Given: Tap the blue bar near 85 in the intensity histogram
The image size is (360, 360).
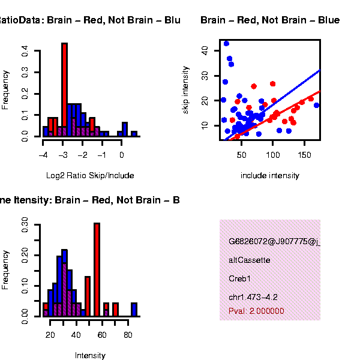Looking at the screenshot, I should click(134, 309).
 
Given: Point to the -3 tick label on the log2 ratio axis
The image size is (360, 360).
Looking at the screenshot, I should click(63, 154).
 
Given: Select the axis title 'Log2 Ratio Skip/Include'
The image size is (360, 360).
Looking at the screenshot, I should click(90, 176).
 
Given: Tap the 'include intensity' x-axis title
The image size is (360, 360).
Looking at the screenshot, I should click(270, 176).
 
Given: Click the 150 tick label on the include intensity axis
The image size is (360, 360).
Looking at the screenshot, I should click(304, 155).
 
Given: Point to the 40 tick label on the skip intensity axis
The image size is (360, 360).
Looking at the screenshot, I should click(206, 52).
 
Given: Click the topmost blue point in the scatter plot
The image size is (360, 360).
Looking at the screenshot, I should click(226, 43).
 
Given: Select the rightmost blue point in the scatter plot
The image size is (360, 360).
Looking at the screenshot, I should click(316, 105).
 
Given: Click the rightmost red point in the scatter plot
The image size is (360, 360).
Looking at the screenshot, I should click(310, 98).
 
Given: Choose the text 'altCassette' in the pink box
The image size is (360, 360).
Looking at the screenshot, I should click(249, 260).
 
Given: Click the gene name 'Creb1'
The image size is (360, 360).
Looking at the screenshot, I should click(239, 278).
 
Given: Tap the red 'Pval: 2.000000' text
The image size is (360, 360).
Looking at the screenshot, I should click(256, 311).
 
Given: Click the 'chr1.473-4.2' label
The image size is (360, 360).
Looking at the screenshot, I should click(253, 297).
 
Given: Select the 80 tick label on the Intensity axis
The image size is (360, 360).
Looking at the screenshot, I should click(128, 334).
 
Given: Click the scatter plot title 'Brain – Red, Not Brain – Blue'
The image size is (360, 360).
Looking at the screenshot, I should click(270, 20).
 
